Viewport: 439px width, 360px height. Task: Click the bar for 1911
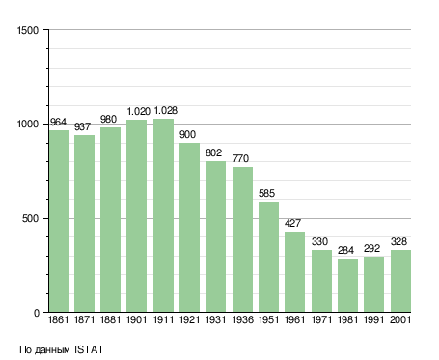pos(163,215)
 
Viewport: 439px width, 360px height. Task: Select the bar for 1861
pos(59,221)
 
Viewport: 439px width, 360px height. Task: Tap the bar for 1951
pos(268,257)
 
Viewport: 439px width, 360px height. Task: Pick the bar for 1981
pos(347,286)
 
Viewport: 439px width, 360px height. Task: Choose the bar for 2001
pos(400,281)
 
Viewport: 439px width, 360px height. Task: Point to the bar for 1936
pos(242,239)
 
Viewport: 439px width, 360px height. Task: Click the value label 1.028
pos(166,111)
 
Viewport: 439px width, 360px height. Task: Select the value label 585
pos(267,193)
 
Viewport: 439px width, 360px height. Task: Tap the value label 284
pos(345,250)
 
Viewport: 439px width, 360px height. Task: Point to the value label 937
pos(82,126)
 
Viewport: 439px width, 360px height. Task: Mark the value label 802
pos(213,152)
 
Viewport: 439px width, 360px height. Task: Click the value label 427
pos(292,223)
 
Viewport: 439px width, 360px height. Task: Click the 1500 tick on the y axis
pos(28,30)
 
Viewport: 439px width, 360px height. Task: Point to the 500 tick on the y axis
pos(30,219)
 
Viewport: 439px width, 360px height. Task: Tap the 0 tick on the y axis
pos(37,313)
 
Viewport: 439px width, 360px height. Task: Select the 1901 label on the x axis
pos(136,320)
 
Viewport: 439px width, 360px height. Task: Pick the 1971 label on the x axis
pos(321,320)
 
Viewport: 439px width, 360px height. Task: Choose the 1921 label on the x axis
pos(189,320)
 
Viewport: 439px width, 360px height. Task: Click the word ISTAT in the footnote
pos(89,349)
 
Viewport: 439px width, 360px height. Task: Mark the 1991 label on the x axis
pos(373,320)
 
